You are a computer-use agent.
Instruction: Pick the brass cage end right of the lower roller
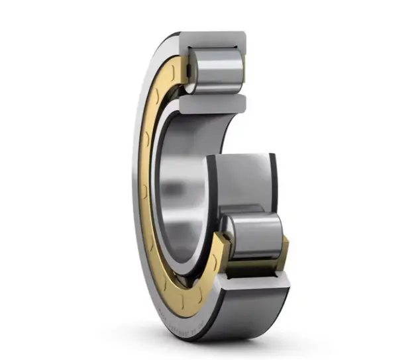pyautogui.click(x=284, y=252)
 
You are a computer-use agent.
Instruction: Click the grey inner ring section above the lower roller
pyautogui.click(x=242, y=179)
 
